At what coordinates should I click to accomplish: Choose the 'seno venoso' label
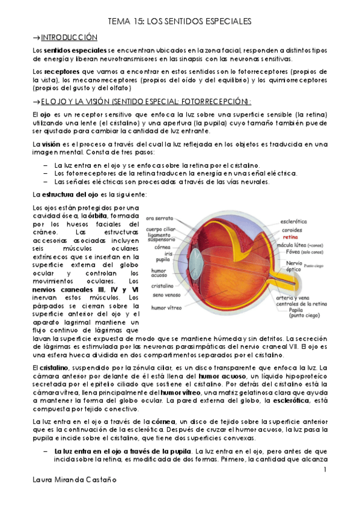(x=164, y=295)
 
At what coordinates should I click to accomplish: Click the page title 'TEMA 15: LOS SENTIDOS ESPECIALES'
(x=179, y=22)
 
